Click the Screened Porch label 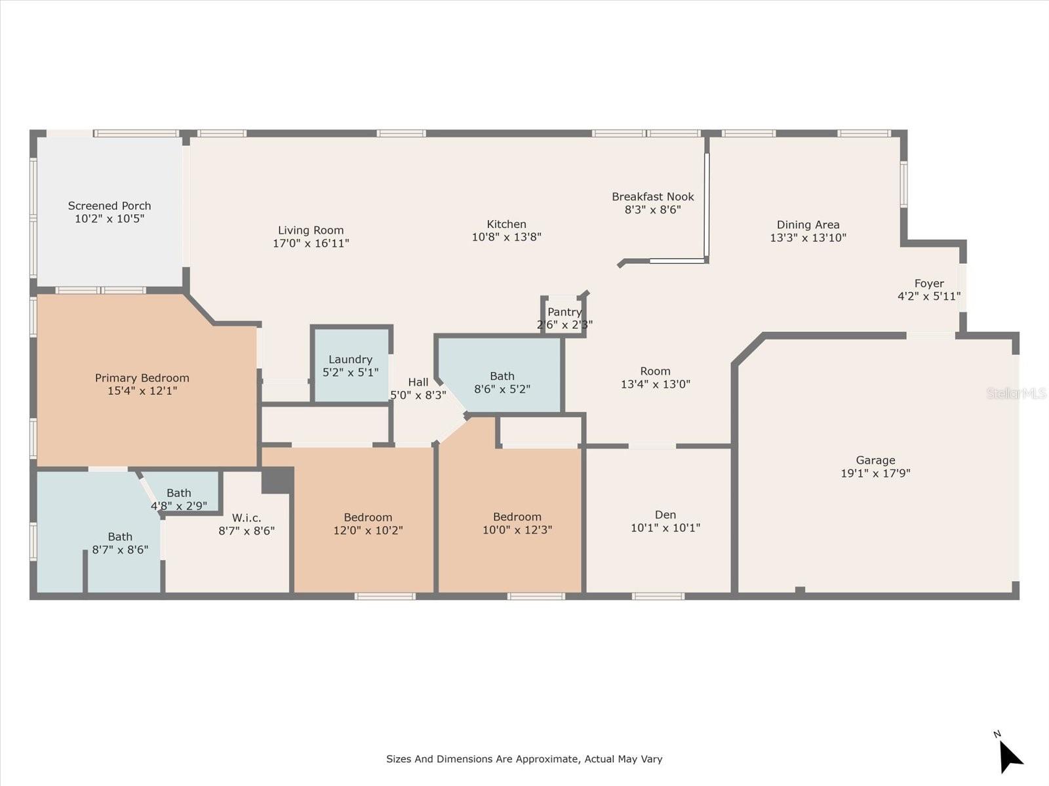pyautogui.click(x=109, y=206)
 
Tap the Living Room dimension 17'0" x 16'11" pyautogui.click(x=311, y=244)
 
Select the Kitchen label pyautogui.click(x=507, y=224)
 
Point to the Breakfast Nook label pyautogui.click(x=653, y=196)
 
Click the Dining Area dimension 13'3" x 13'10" pyautogui.click(x=808, y=238)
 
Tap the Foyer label pyautogui.click(x=929, y=284)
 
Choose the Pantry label pyautogui.click(x=564, y=312)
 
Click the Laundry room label pyautogui.click(x=350, y=360)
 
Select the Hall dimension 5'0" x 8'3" pyautogui.click(x=418, y=395)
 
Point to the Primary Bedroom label pyautogui.click(x=142, y=378)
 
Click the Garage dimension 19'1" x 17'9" pyautogui.click(x=875, y=473)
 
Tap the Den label pyautogui.click(x=665, y=515)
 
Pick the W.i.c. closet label pyautogui.click(x=247, y=518)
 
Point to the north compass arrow pyautogui.click(x=1010, y=756)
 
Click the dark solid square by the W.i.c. pyautogui.click(x=278, y=480)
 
